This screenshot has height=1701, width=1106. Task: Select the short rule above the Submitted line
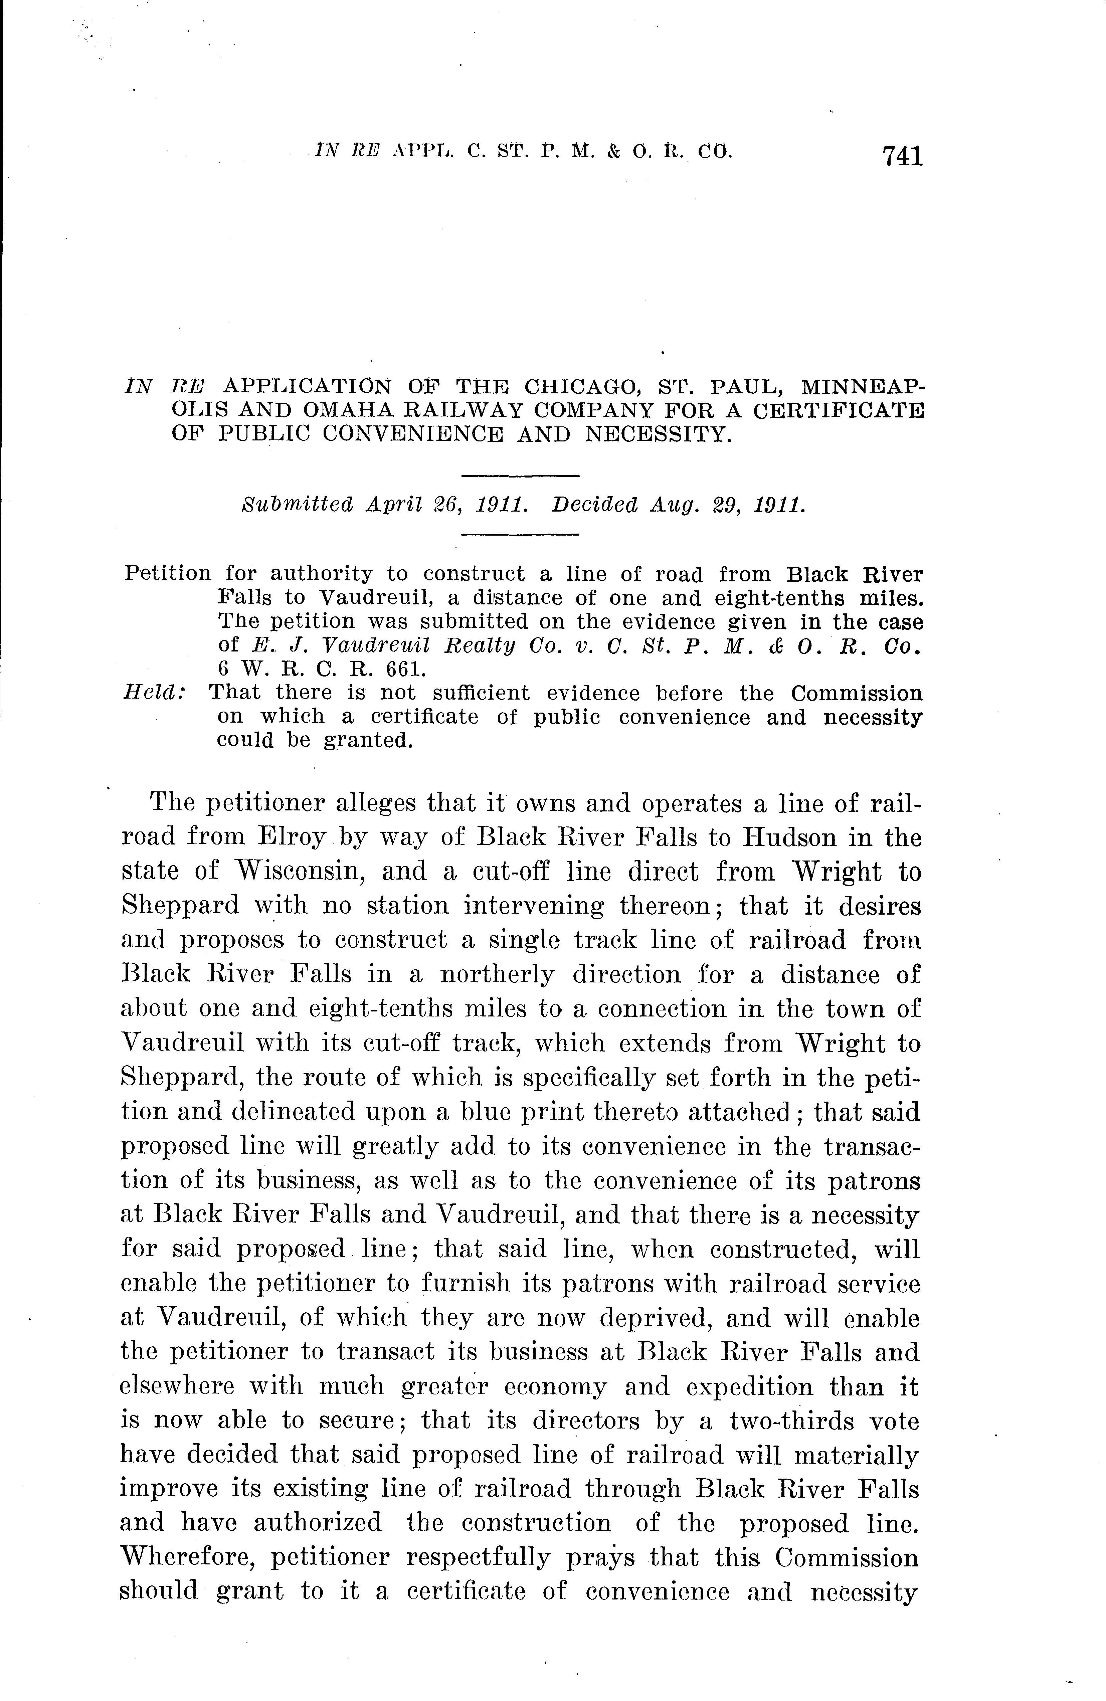[x=520, y=475]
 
